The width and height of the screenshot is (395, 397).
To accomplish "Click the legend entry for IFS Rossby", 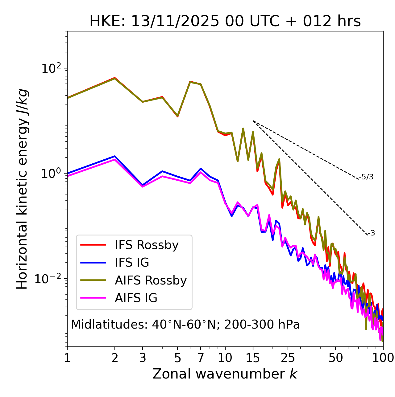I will (147, 245).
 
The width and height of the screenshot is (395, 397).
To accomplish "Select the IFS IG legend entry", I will (132, 263).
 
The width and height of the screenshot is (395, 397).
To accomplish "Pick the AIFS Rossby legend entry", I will (151, 280).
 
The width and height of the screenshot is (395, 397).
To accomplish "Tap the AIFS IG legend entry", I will (136, 298).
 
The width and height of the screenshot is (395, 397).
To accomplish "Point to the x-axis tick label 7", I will (201, 358).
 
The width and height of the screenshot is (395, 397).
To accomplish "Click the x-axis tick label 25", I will (288, 358).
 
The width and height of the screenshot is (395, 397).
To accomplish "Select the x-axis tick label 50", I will (335, 358).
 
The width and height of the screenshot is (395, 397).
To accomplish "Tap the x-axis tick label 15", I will (253, 358).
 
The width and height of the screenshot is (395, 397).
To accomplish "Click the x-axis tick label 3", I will (142, 358).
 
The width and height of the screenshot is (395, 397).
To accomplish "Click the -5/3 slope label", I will (366, 177).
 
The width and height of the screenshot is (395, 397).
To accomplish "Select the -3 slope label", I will (371, 233).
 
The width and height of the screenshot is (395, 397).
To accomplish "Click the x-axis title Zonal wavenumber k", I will (225, 374).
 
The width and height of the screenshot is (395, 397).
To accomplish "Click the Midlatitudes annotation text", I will (185, 325).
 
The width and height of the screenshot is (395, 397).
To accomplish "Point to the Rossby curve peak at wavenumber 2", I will (115, 78).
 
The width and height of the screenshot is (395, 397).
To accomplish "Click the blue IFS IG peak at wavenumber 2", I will (115, 156).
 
